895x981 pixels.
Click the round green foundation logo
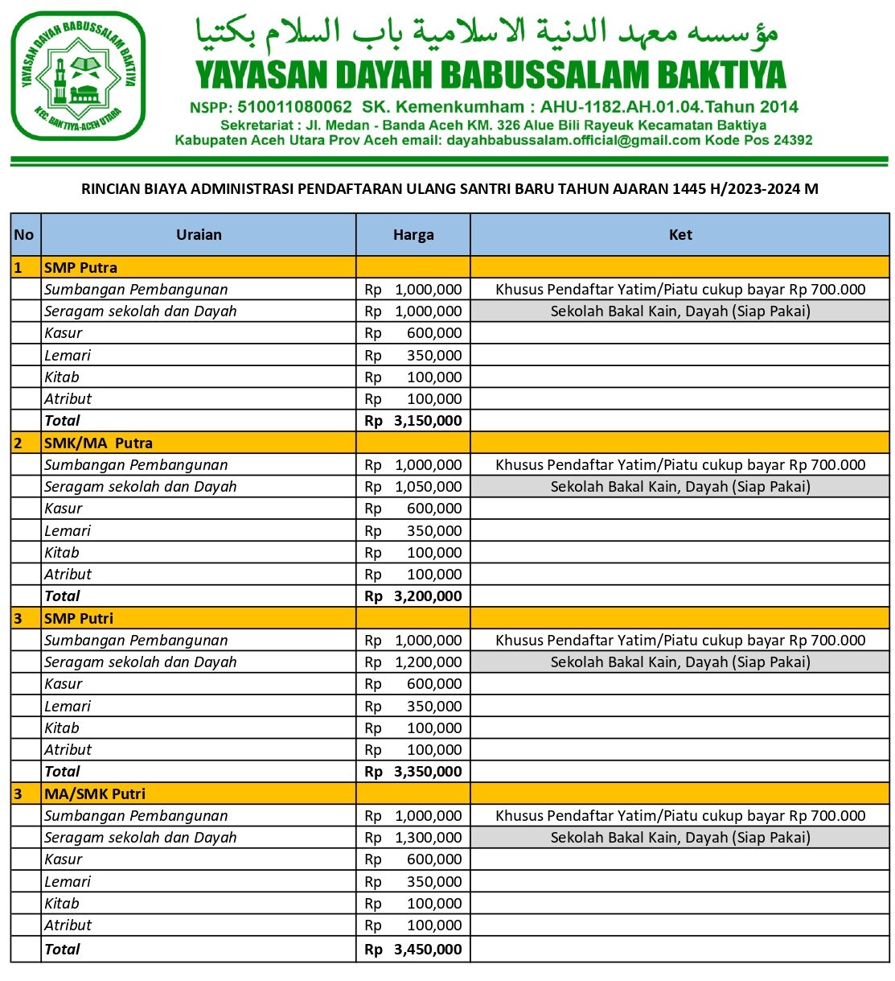[78, 76]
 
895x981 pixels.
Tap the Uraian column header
[199, 235]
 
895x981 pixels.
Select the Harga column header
[413, 235]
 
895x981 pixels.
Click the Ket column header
[680, 235]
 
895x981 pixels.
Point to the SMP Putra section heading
[80, 268]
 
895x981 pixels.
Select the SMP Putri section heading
[79, 619]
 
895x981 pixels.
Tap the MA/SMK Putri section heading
[95, 794]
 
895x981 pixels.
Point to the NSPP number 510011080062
[294, 107]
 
